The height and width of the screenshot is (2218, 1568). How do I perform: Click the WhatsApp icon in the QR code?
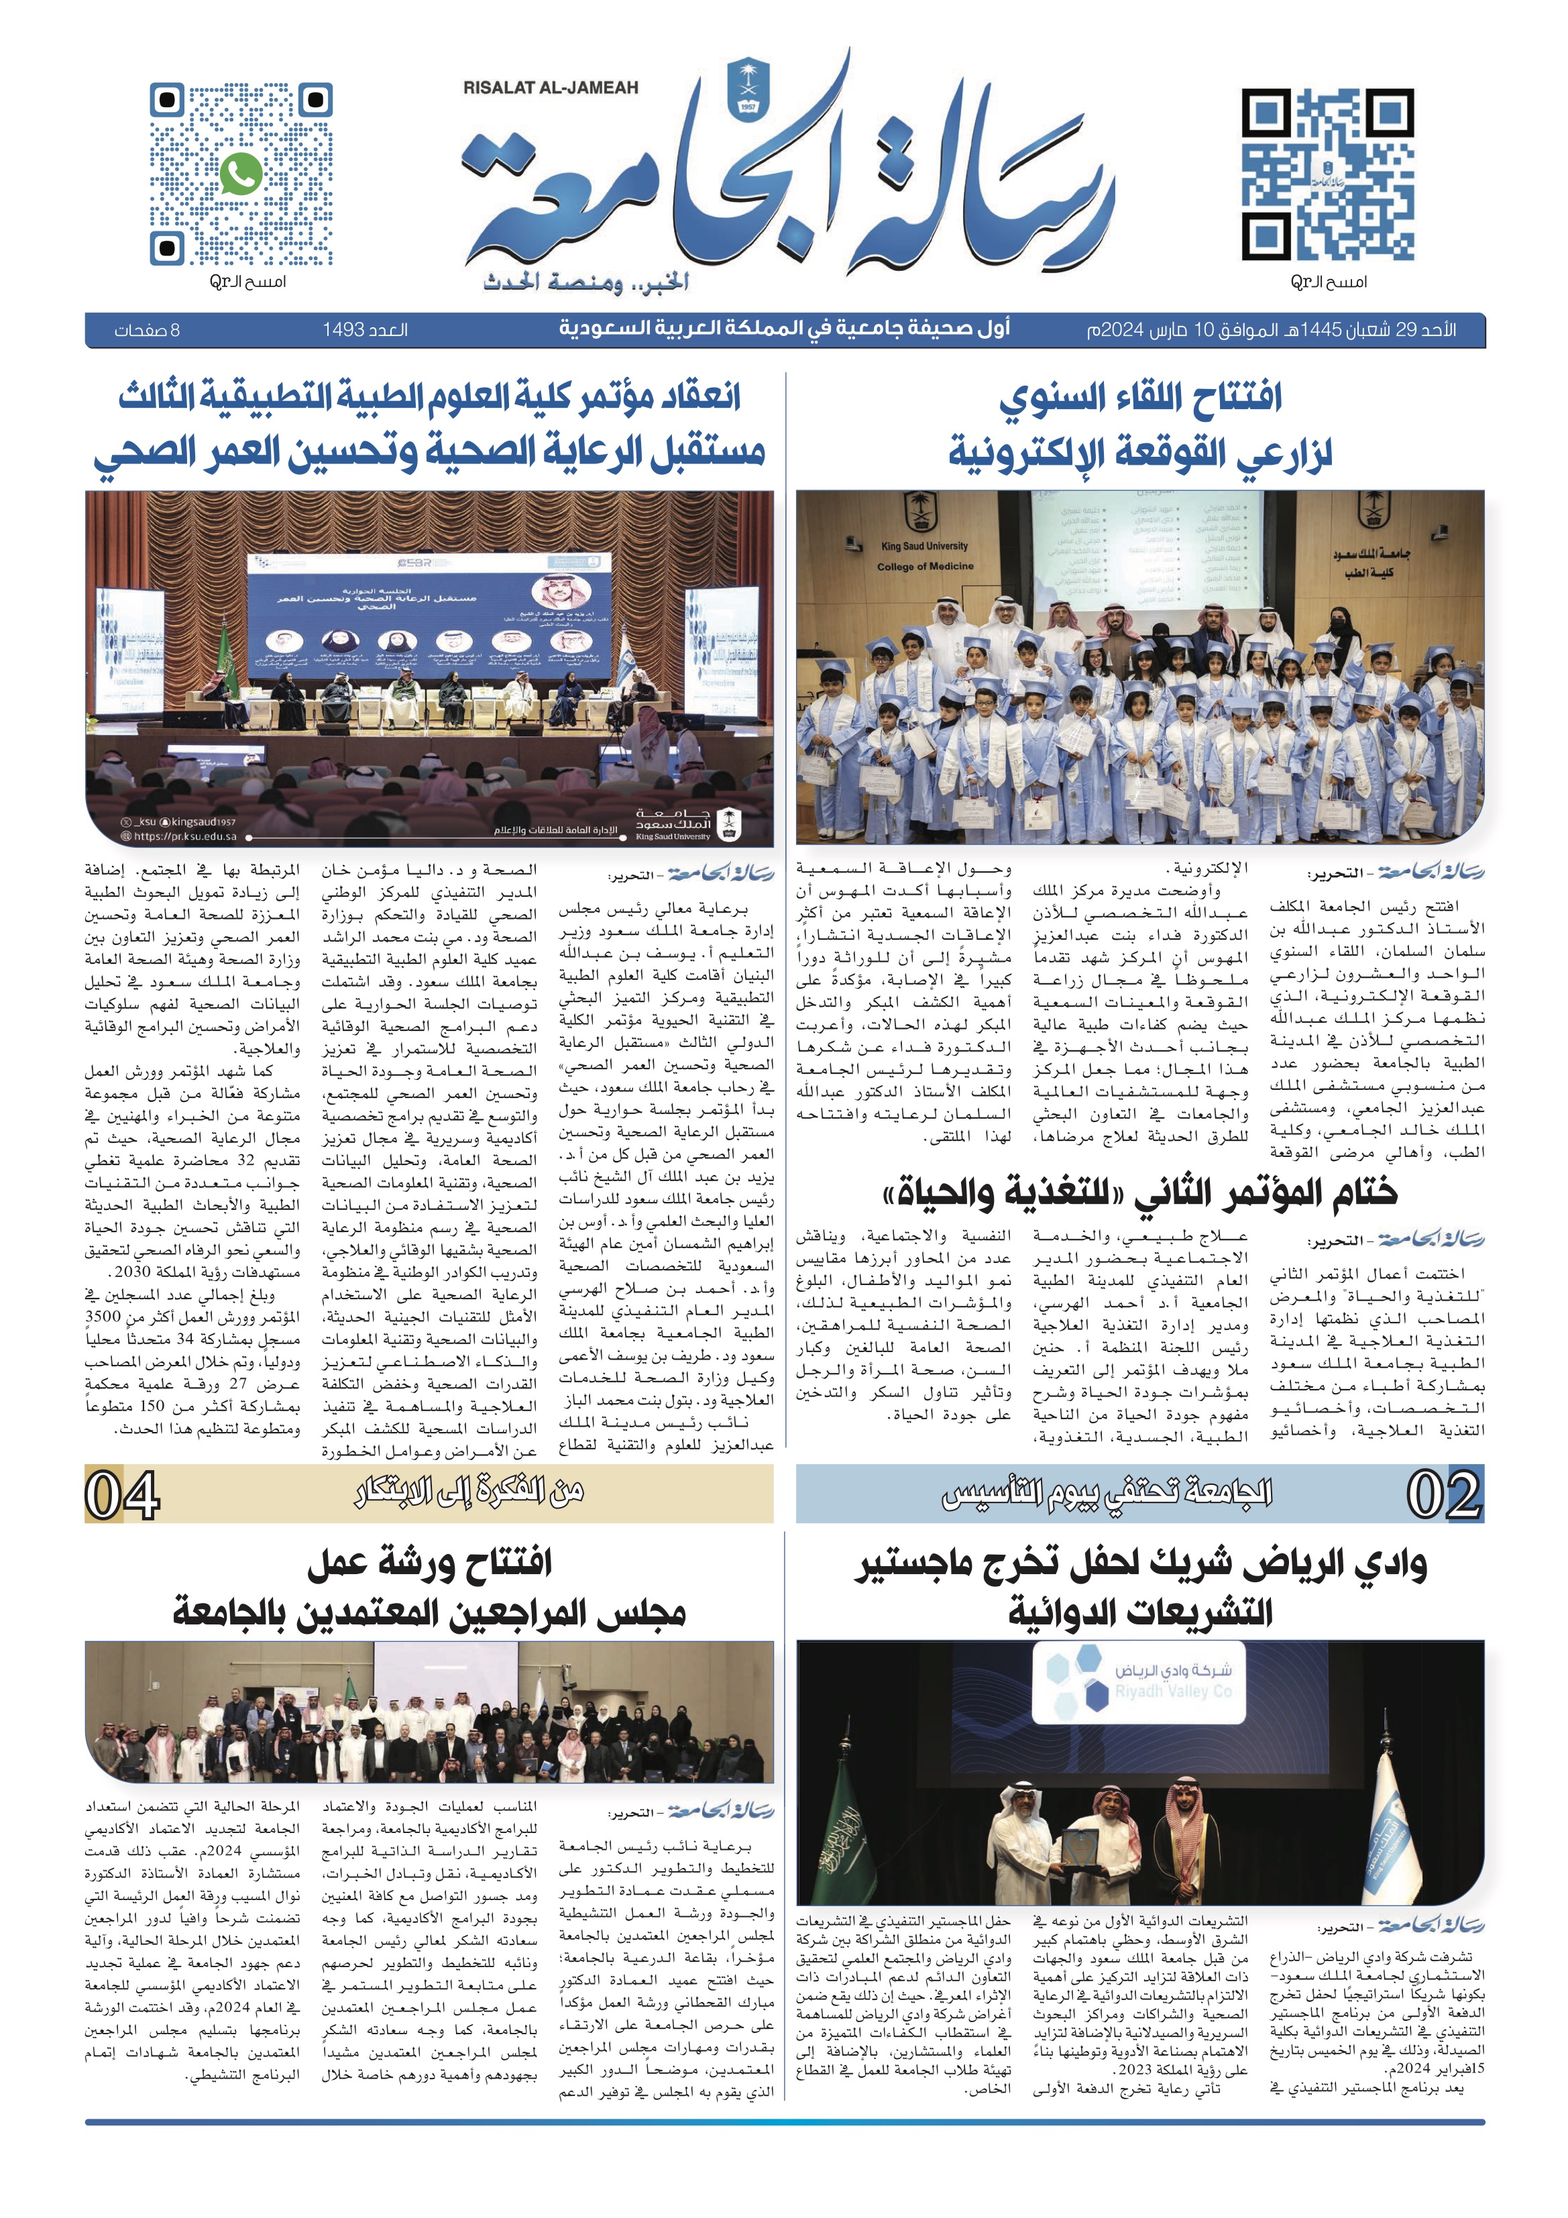[241, 174]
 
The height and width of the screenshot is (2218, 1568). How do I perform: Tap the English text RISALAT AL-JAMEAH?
[551, 88]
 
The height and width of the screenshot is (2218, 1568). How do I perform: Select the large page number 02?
[1443, 1496]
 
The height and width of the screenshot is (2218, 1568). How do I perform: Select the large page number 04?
[123, 1496]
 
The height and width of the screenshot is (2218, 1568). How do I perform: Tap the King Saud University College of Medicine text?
[925, 557]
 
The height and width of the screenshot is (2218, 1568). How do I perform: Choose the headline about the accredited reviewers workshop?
[429, 1589]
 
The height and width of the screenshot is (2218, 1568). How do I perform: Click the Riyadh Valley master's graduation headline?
[1140, 1589]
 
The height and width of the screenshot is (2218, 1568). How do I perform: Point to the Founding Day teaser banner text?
[1106, 1496]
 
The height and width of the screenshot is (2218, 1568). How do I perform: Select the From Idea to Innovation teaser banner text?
[469, 1496]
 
